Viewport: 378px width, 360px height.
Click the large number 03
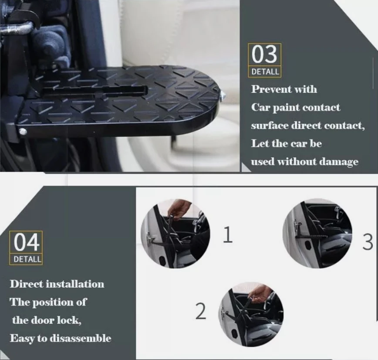coord(264,55)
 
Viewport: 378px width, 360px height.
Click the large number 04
coord(26,242)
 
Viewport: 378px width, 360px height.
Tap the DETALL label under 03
coord(265,71)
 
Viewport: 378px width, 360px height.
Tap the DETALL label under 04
coord(26,259)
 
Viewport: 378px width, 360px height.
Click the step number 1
coord(227,235)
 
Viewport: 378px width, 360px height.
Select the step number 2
coord(200,311)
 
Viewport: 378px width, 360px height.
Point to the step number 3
coord(368,242)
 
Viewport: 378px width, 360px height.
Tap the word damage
coord(340,162)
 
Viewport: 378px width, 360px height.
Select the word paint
coord(286,108)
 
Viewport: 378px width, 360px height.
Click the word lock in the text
coord(71,320)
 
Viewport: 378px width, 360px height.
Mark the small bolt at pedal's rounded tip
coord(223,94)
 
